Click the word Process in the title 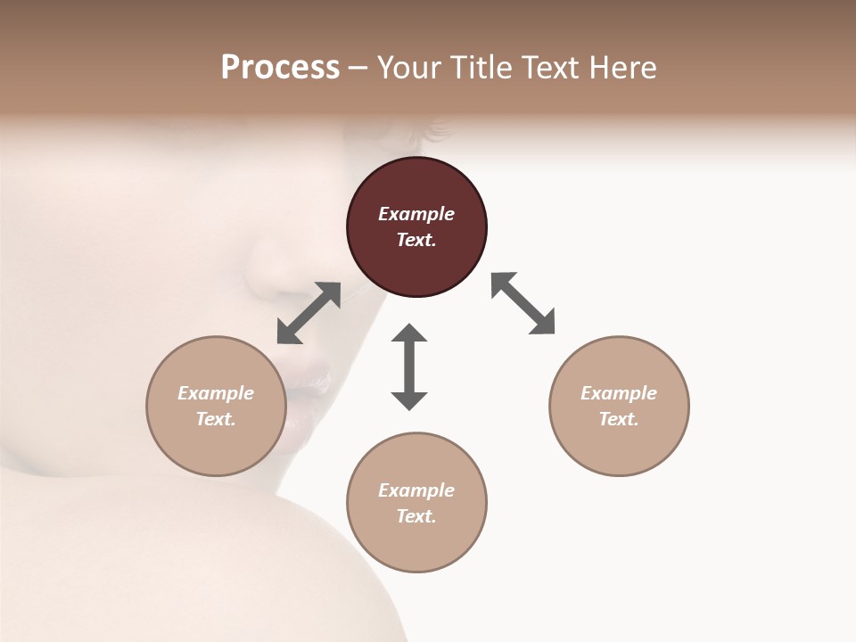[x=280, y=68]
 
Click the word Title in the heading [x=480, y=68]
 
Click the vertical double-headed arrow [x=409, y=366]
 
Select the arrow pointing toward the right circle [x=523, y=303]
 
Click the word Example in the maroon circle [x=416, y=214]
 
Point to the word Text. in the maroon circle [x=416, y=240]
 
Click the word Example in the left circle [x=216, y=393]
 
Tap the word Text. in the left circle [x=216, y=419]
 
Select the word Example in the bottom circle [x=416, y=490]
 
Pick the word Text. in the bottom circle [x=416, y=516]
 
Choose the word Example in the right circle [x=619, y=393]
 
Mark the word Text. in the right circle [x=619, y=419]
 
